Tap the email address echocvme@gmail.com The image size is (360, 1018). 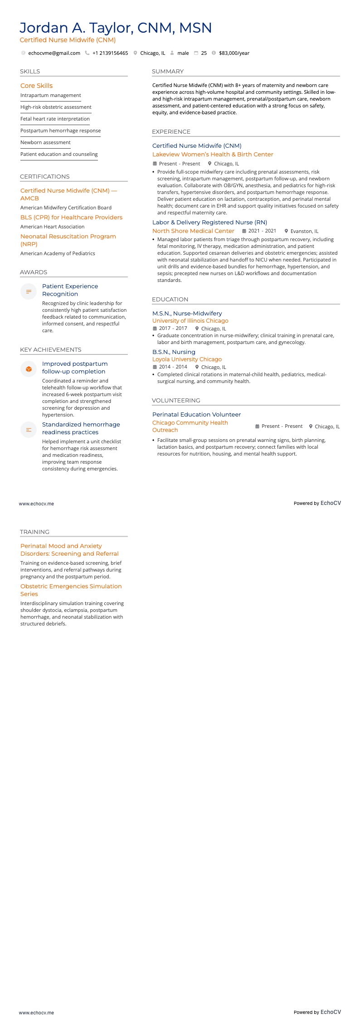[54, 53]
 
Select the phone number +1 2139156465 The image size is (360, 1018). [110, 53]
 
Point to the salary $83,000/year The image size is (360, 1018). [234, 53]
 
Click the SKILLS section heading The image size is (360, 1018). [30, 72]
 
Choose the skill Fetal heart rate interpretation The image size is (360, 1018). [55, 119]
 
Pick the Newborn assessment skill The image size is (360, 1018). [45, 142]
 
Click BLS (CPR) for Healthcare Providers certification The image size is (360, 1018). [71, 217]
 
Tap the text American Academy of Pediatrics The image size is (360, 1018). [58, 253]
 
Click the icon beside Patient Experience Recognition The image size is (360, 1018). [29, 291]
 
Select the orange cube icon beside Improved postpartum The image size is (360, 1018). [29, 369]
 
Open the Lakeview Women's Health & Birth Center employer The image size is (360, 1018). [213, 154]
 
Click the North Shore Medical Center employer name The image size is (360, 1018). [193, 231]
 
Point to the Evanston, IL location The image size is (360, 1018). [304, 231]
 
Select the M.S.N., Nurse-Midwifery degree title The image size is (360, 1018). [187, 313]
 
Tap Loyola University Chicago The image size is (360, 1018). [187, 359]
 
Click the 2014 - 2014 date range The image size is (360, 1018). [173, 367]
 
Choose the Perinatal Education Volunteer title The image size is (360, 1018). [196, 414]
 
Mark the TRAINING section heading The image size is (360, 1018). [34, 532]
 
